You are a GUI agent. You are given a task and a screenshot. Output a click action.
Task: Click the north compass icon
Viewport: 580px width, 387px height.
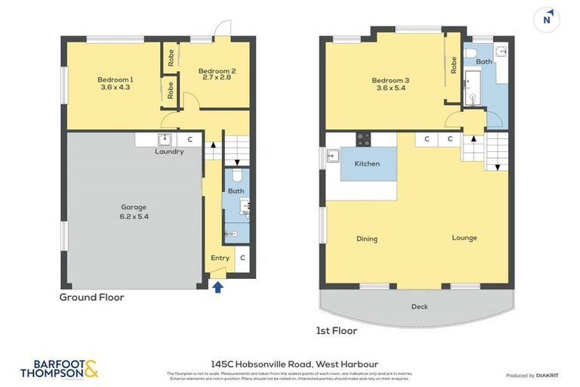pos(547,20)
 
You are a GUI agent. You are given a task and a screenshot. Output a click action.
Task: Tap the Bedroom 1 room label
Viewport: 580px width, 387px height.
pos(115,79)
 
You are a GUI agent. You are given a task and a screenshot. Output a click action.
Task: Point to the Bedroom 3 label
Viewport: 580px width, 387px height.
pos(390,80)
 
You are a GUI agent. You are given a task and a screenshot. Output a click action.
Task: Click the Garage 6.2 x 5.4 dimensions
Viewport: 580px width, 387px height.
pos(134,216)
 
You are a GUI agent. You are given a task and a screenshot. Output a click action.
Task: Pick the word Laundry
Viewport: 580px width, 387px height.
pos(169,151)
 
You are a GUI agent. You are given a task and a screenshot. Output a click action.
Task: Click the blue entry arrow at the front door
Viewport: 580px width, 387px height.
pos(218,286)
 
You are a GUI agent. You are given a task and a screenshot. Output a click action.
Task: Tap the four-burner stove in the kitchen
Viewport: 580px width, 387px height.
pos(363,139)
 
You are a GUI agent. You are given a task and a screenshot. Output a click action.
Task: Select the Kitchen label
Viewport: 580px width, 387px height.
pos(367,163)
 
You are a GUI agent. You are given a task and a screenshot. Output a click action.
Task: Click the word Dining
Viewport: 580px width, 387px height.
pos(366,239)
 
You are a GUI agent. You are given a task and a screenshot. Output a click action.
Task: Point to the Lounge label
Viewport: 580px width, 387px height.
pos(464,238)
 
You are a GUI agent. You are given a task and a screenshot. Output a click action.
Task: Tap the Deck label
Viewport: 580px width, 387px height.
pos(419,306)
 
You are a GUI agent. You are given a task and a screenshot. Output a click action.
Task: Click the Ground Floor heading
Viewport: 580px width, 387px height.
pos(91,297)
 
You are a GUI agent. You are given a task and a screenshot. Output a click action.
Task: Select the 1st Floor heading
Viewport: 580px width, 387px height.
pos(336,330)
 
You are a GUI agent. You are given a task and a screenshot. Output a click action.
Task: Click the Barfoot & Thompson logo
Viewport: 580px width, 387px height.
pos(59,369)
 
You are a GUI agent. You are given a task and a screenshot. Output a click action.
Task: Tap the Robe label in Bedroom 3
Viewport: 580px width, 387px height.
pos(454,66)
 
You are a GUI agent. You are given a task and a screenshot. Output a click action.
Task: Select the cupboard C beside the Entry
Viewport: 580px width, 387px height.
pos(242,258)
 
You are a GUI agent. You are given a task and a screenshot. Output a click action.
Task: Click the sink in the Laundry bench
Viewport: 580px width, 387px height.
pos(163,139)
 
